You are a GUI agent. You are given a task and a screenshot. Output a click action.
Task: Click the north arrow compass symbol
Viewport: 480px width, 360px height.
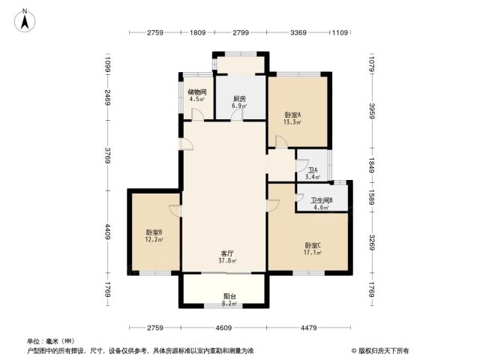(25, 20)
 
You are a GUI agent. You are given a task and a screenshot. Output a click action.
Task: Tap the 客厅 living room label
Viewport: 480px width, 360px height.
(227, 253)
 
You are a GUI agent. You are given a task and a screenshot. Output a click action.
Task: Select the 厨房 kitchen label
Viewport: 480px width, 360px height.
(239, 99)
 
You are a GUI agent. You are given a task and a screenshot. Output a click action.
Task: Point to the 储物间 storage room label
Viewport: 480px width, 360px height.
(196, 91)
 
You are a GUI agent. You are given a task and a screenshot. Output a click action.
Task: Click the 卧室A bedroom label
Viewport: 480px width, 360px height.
(292, 115)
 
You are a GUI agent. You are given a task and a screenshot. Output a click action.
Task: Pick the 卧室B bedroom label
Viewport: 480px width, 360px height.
(154, 232)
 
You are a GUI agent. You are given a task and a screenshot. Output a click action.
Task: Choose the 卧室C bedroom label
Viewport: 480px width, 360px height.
(313, 245)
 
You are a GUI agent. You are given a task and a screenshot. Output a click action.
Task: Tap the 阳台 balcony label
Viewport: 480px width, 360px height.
(229, 296)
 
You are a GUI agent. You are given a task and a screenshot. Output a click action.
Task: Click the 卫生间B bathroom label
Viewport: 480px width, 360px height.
(322, 200)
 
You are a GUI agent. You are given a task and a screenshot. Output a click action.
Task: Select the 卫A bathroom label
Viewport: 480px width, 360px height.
(313, 170)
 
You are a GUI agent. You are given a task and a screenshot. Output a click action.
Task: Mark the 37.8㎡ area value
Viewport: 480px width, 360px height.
(227, 261)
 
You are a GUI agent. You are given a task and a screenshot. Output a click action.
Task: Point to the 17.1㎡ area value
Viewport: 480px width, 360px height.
(313, 253)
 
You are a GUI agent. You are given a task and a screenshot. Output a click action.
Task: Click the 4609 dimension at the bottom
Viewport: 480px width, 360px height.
(223, 328)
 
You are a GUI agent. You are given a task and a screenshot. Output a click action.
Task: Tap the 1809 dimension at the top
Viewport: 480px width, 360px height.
(198, 32)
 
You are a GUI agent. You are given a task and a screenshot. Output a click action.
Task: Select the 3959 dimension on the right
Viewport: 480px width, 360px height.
(372, 111)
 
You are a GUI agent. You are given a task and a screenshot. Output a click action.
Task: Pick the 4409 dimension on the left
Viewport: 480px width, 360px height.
(108, 232)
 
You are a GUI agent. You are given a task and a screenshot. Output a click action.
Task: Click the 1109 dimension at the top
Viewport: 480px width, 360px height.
(340, 32)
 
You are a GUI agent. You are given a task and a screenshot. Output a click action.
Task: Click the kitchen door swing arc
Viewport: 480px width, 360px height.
(237, 115)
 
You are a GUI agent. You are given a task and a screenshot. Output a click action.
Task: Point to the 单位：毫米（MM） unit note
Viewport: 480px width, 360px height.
(51, 341)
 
